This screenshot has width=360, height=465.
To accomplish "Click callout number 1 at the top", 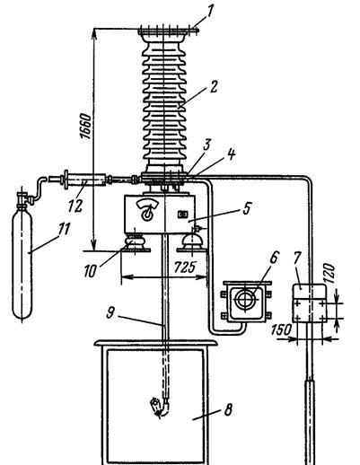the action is [x=210, y=13].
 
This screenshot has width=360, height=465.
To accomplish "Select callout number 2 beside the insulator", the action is [x=214, y=87].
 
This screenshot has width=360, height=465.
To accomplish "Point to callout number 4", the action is [x=231, y=154].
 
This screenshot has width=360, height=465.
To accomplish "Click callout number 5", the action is [x=247, y=208].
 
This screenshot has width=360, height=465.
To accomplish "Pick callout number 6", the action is [x=274, y=258].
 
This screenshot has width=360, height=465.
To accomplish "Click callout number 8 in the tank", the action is [x=228, y=409].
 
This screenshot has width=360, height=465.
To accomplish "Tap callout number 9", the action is [x=110, y=312].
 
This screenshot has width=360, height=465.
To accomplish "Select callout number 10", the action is [x=90, y=271].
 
